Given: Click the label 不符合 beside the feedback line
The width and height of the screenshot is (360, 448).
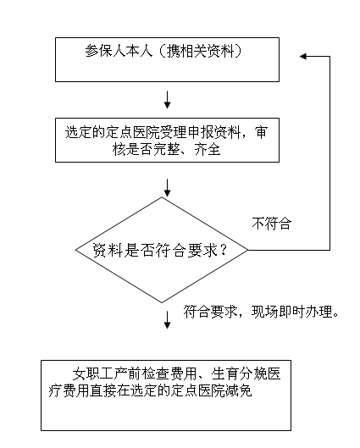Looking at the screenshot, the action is tap(271, 224).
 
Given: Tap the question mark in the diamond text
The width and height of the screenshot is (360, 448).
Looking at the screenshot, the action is tap(223, 251).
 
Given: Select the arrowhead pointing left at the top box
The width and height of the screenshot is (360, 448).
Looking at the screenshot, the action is tap(303, 56).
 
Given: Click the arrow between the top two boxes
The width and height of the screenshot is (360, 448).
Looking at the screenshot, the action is tap(167, 100).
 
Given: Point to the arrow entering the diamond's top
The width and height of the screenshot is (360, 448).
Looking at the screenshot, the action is tap(167, 188).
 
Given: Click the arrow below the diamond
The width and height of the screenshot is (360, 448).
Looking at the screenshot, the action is tap(167, 320).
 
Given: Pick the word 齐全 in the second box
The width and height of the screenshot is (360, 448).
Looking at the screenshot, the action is tap(208, 149).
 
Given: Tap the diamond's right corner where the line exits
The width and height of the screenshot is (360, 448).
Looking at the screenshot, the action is tap(247, 251).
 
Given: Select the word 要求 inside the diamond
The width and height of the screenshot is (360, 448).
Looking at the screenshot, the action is tap(202, 251).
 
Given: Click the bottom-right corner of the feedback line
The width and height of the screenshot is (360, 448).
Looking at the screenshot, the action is tap(330, 251).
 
